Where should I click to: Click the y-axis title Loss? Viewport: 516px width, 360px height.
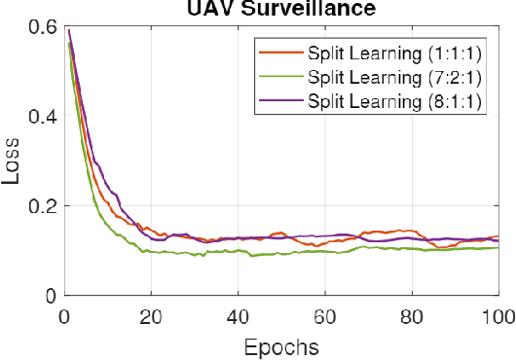point(14,160)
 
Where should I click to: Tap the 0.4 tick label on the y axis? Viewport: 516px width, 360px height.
point(40,118)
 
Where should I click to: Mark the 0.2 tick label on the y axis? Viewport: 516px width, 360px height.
point(40,206)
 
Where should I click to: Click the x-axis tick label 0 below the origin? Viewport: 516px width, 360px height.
point(63,315)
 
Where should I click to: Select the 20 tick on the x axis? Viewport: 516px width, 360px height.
point(150,315)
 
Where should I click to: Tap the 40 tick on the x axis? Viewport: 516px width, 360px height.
point(238,315)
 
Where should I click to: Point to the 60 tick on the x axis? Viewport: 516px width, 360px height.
point(324,315)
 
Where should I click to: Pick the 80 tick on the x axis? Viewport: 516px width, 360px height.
point(411,315)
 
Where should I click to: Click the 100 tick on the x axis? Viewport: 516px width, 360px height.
point(497,315)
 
